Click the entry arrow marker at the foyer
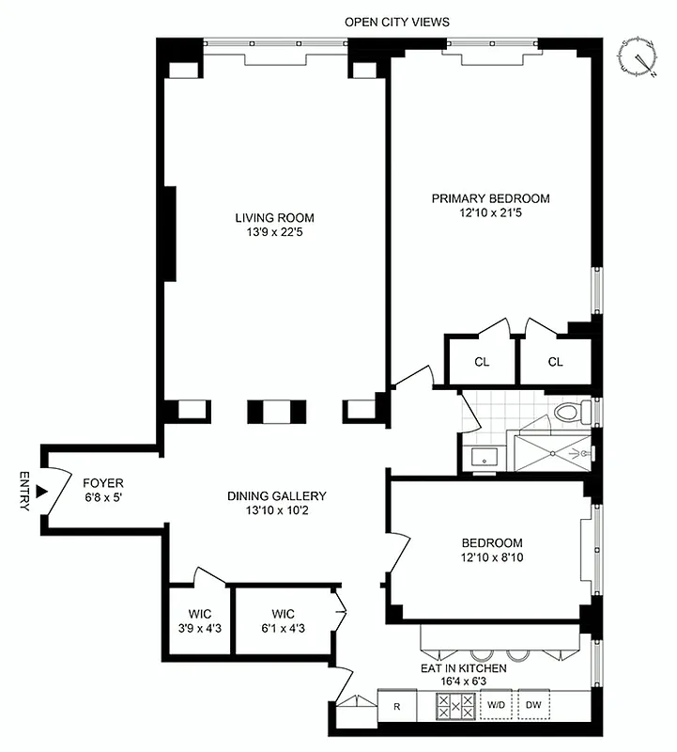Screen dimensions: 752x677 (x=40, y=490)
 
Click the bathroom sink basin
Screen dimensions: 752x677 (x=484, y=458)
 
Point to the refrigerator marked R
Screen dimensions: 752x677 (x=397, y=705)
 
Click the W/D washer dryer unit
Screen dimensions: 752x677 (x=496, y=705)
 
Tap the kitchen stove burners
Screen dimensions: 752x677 (x=454, y=705)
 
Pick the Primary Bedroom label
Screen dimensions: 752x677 (x=490, y=198)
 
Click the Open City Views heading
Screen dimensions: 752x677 (x=396, y=21)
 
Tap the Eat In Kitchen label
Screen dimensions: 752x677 (x=463, y=668)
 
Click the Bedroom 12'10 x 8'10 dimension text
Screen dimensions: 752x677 (x=491, y=558)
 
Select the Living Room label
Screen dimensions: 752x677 (x=274, y=218)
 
